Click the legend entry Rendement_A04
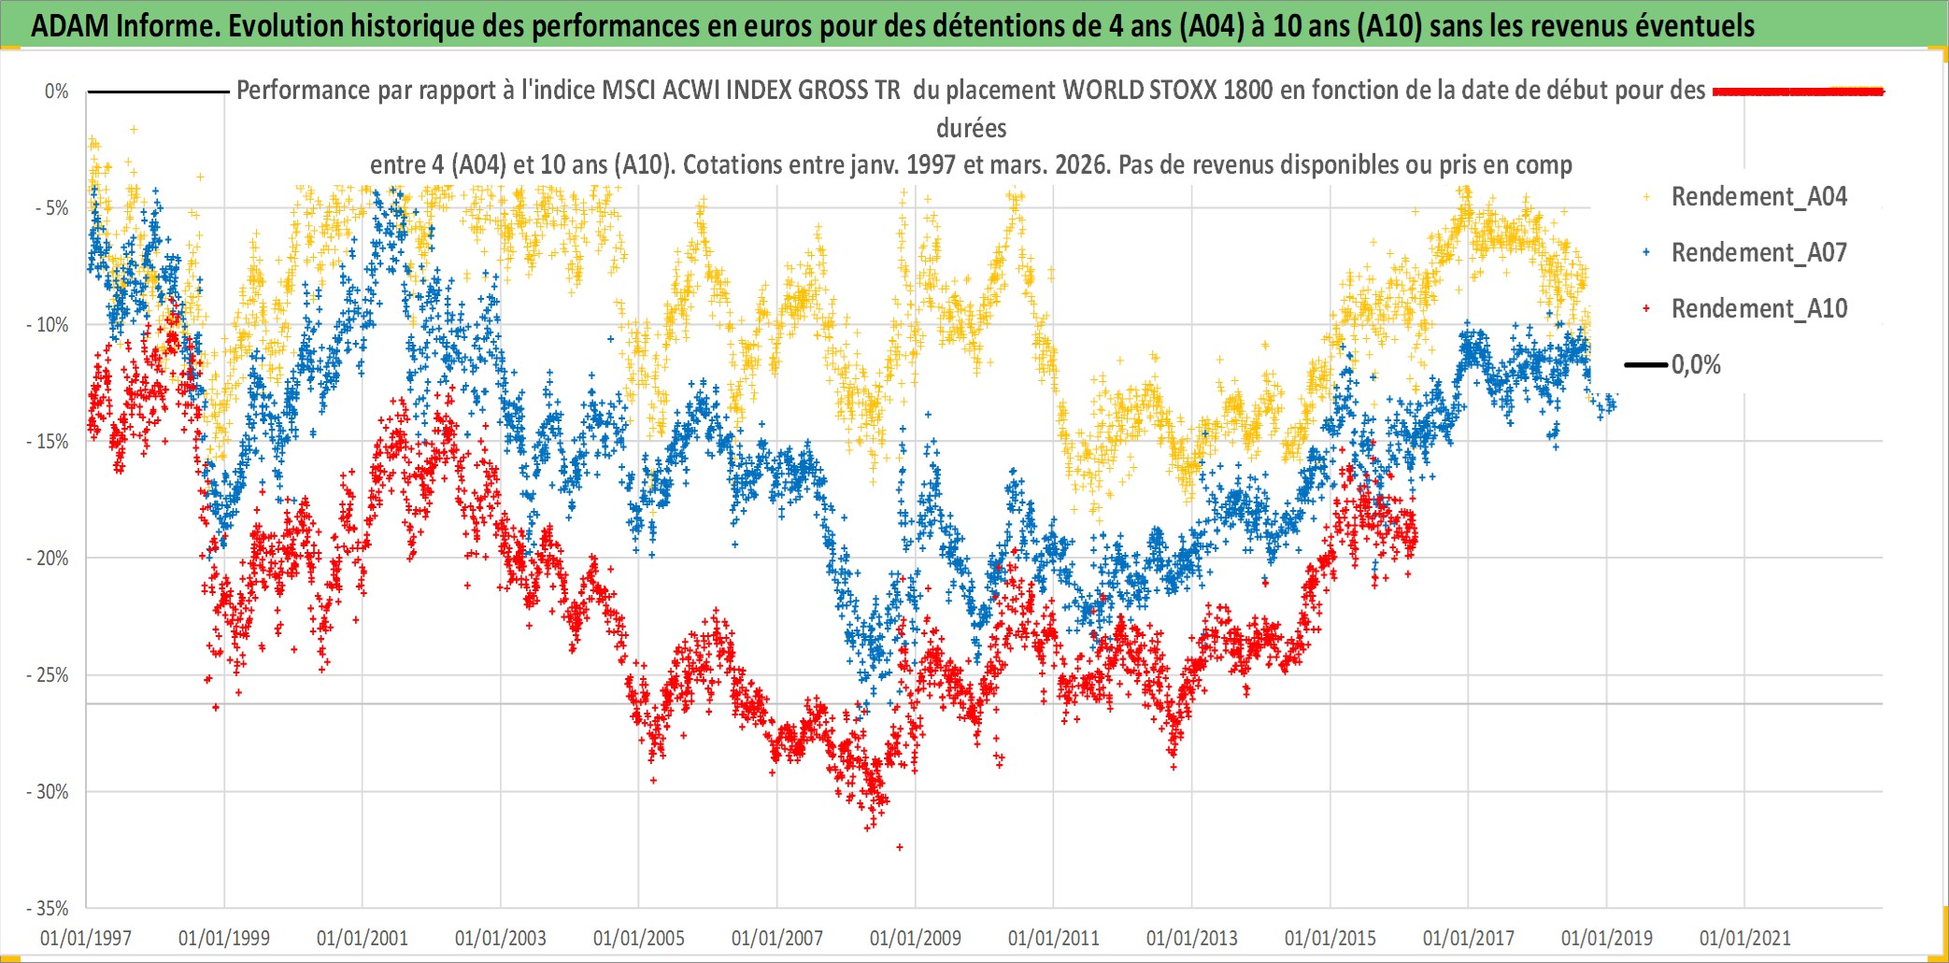point(1758,197)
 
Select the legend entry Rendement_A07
point(1758,253)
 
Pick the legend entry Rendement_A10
point(1758,309)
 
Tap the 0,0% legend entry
point(1695,365)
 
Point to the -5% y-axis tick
point(52,208)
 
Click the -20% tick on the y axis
point(48,559)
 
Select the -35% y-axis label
point(48,909)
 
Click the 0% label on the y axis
point(57,92)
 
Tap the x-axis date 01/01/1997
point(86,938)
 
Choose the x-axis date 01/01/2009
point(916,938)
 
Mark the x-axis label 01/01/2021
point(1745,938)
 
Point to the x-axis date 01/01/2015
point(1330,938)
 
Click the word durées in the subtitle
point(972,128)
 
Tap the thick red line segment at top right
point(1799,92)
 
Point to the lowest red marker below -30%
point(900,847)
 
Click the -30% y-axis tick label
point(48,792)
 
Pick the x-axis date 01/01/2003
point(501,938)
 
